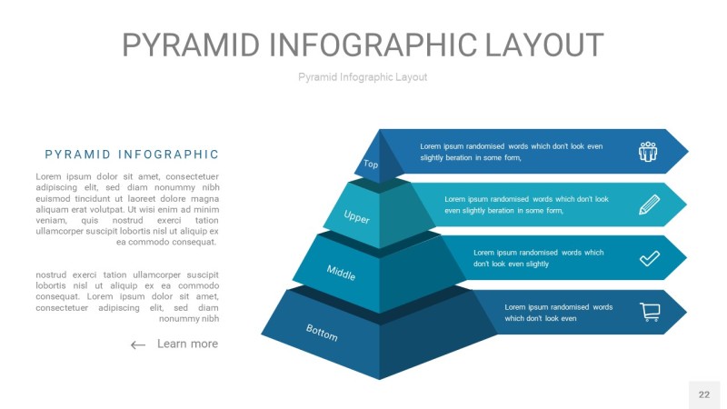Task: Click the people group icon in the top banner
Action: pyautogui.click(x=648, y=152)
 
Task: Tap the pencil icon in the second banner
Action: pyautogui.click(x=649, y=204)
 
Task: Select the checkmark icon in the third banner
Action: pyautogui.click(x=649, y=258)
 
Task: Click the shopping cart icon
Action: pyautogui.click(x=650, y=312)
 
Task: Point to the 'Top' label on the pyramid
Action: pyautogui.click(x=371, y=164)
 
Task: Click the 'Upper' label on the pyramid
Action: pyautogui.click(x=356, y=216)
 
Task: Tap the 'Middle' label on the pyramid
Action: pyautogui.click(x=341, y=272)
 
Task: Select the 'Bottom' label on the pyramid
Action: pyautogui.click(x=322, y=332)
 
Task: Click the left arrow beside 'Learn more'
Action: pyautogui.click(x=138, y=344)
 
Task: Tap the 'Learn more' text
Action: pyautogui.click(x=187, y=344)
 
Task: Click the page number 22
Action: pyautogui.click(x=703, y=394)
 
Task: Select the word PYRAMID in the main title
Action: pyautogui.click(x=191, y=45)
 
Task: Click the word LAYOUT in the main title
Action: pyautogui.click(x=544, y=45)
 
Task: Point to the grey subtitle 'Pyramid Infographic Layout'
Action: pyautogui.click(x=363, y=77)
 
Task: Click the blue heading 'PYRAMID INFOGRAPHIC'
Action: pyautogui.click(x=132, y=155)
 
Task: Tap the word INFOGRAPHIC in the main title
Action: pyautogui.click(x=373, y=45)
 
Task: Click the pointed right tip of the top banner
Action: pyautogui.click(x=689, y=151)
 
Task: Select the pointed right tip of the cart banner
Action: pyautogui.click(x=687, y=312)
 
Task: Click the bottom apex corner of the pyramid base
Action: pyautogui.click(x=380, y=379)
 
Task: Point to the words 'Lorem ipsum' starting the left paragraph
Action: pyautogui.click(x=64, y=176)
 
